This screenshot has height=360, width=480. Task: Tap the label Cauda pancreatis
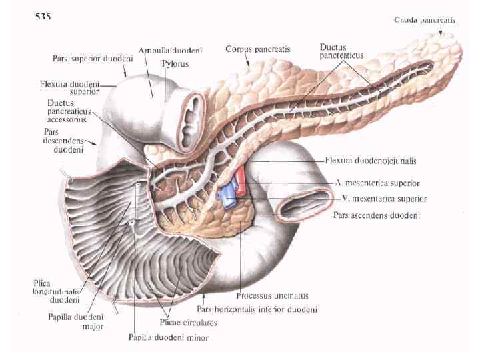[x=425, y=21]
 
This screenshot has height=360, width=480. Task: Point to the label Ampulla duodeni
[x=171, y=51]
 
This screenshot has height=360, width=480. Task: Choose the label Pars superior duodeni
[x=93, y=59]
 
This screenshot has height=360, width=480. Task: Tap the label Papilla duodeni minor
[x=168, y=337]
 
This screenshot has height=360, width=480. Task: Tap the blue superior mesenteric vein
[x=227, y=195]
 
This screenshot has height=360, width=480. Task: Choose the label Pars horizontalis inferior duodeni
[x=256, y=309]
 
